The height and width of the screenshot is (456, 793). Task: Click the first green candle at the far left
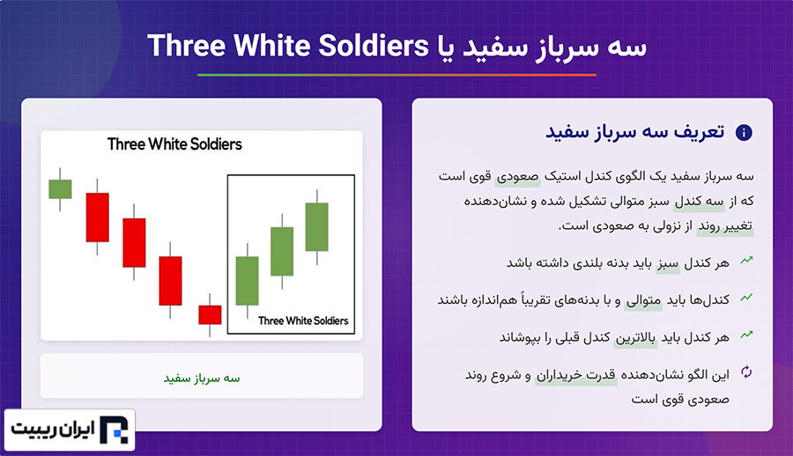click(x=60, y=189)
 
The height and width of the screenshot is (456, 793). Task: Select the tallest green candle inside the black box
click(x=317, y=227)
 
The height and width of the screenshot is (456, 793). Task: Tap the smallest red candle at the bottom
click(x=210, y=314)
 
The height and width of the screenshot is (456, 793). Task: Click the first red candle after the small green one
click(x=97, y=217)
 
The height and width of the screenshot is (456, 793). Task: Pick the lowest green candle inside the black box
click(x=248, y=281)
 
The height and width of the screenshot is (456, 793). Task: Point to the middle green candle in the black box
click(x=282, y=251)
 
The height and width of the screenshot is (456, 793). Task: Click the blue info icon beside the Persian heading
click(x=744, y=133)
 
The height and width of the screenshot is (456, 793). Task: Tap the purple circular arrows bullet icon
click(x=746, y=372)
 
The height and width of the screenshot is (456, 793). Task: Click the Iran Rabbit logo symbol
click(x=114, y=430)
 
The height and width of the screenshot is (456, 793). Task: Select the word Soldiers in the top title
click(x=374, y=46)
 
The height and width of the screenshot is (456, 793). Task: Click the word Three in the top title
click(x=187, y=46)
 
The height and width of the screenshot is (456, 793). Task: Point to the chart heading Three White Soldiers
click(x=174, y=144)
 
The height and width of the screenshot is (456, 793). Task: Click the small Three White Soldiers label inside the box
click(x=303, y=321)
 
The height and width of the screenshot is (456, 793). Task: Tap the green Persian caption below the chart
click(x=201, y=379)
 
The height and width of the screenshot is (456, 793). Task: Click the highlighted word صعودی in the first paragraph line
click(x=518, y=177)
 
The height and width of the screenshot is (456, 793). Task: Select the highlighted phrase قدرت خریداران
click(x=576, y=376)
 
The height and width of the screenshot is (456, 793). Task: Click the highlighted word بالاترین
click(x=635, y=338)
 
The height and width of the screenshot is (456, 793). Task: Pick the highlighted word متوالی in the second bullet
click(x=643, y=301)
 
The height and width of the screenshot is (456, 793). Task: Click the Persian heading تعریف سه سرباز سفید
click(x=634, y=132)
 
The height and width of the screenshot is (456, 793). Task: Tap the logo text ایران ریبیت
click(x=53, y=430)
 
